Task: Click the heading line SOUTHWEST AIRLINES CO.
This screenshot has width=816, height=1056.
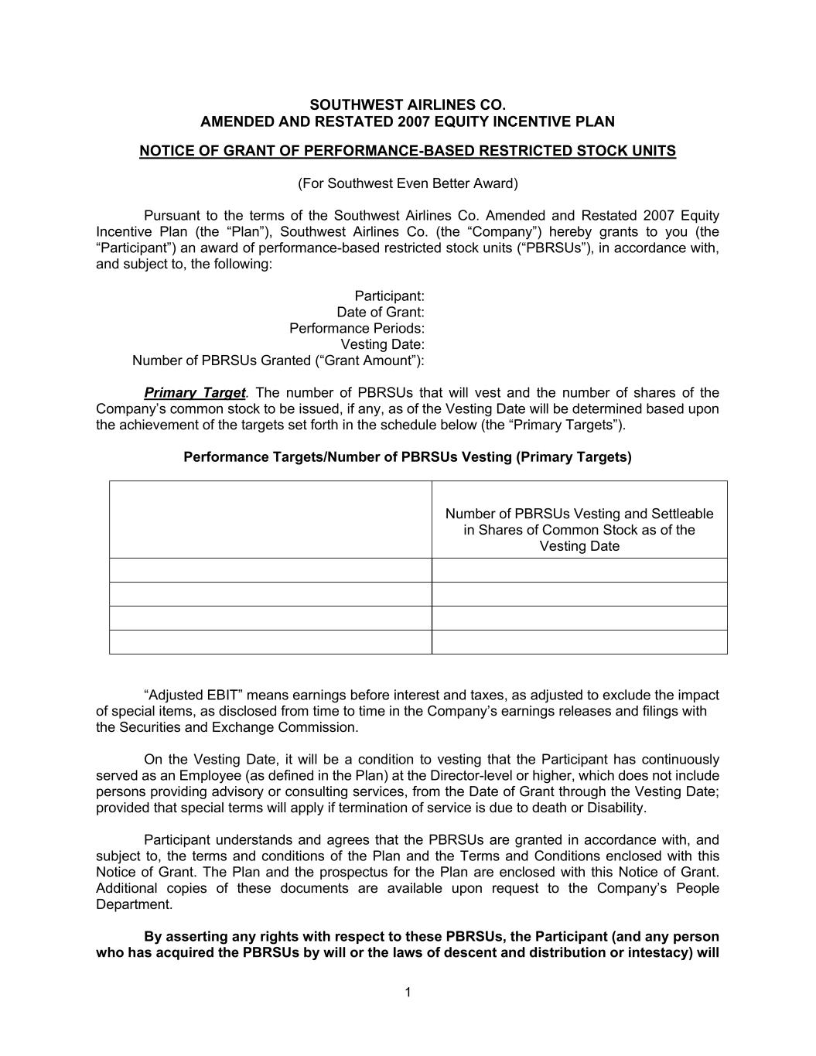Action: click(x=408, y=104)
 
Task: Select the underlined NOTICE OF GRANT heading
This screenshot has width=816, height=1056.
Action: click(x=408, y=151)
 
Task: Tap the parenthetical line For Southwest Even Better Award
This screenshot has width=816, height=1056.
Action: click(x=408, y=183)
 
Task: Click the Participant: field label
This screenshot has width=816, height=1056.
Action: click(x=389, y=296)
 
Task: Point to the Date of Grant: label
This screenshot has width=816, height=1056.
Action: click(x=380, y=312)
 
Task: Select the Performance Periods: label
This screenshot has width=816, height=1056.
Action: click(x=357, y=328)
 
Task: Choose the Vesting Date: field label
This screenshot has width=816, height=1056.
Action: click(x=382, y=344)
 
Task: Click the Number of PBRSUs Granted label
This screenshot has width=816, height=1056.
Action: click(x=278, y=361)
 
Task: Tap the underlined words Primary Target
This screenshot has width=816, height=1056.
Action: click(x=194, y=393)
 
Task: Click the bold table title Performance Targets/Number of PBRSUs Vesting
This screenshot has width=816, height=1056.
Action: click(x=408, y=457)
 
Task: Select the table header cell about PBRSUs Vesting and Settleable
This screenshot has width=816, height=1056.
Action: click(x=579, y=530)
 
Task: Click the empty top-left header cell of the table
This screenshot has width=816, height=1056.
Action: click(x=270, y=519)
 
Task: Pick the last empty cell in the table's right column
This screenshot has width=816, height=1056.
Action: click(x=579, y=642)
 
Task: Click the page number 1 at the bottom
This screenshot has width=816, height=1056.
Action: click(x=408, y=993)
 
